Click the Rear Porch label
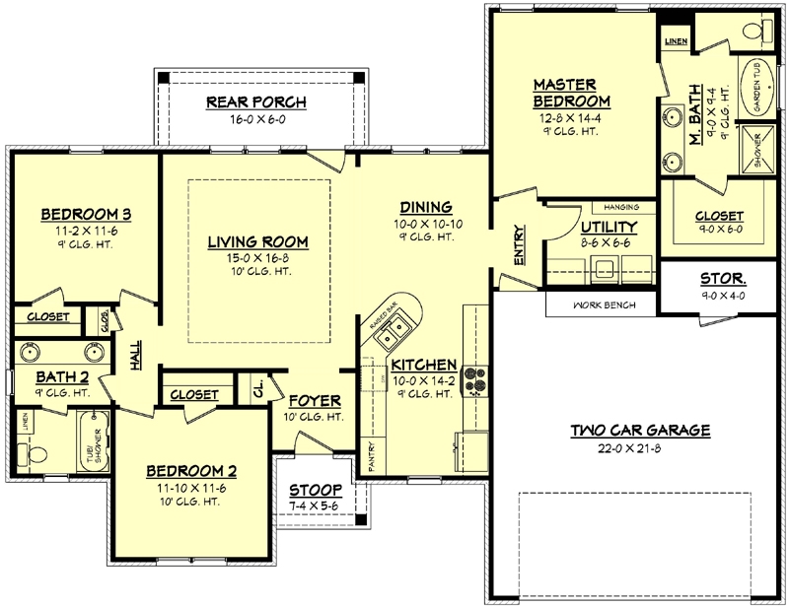click(x=256, y=101)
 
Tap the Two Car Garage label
click(x=640, y=430)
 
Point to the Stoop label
click(x=316, y=490)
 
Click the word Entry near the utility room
click(x=519, y=244)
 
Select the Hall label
click(x=135, y=357)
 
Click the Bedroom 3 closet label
click(x=47, y=316)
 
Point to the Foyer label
click(x=315, y=401)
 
